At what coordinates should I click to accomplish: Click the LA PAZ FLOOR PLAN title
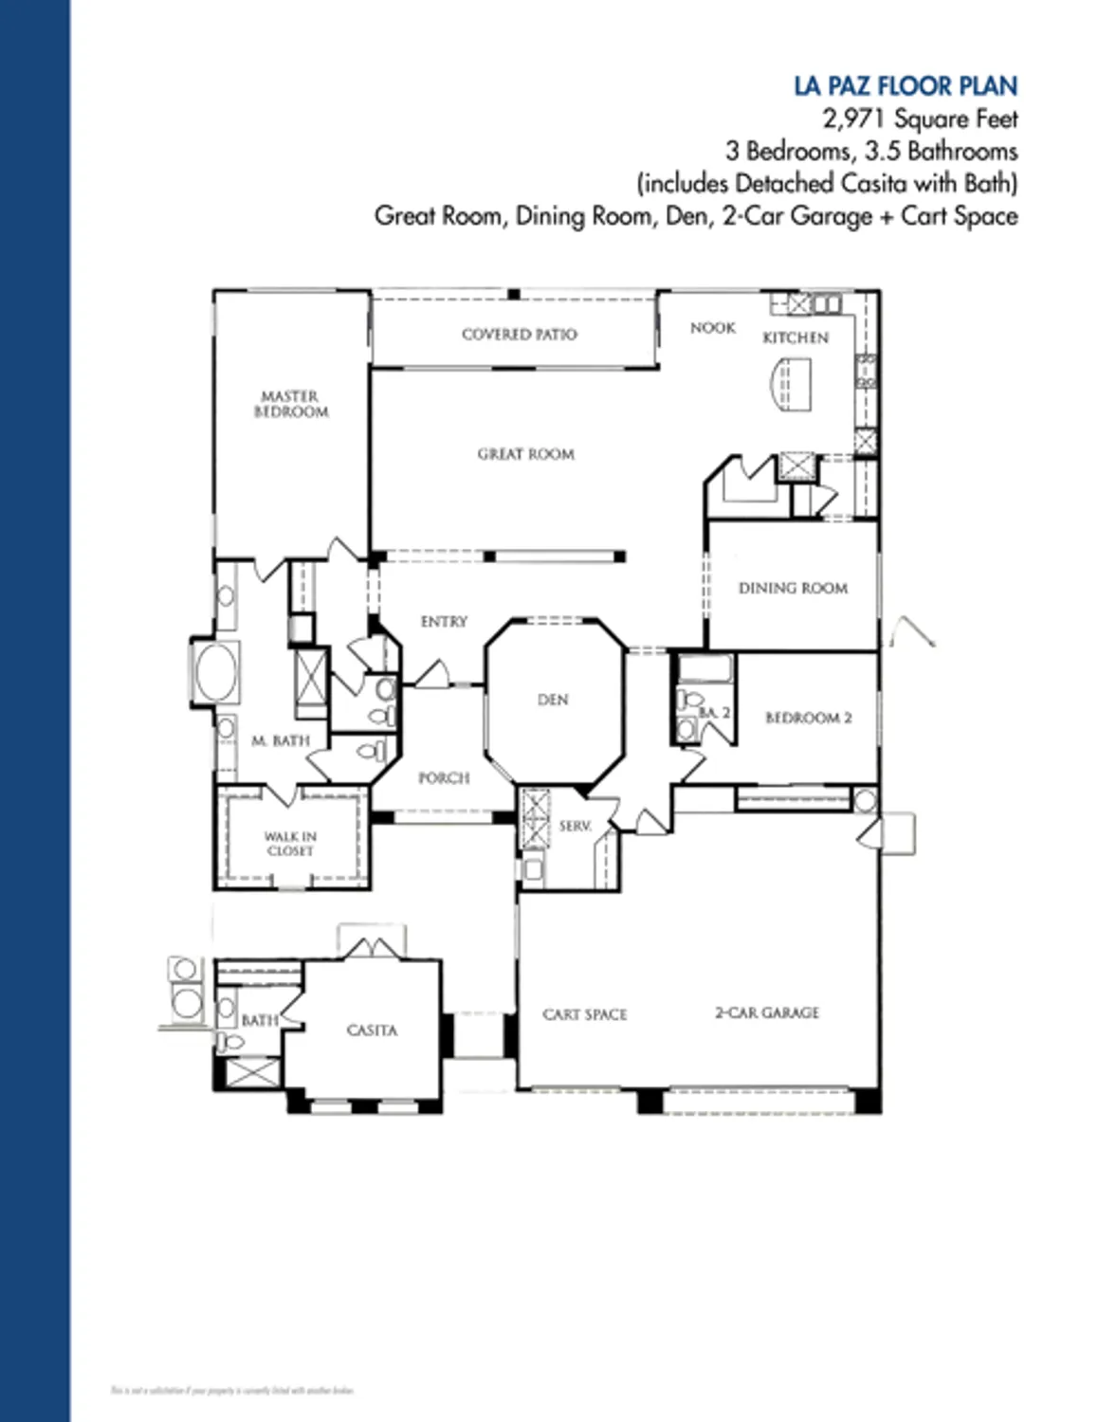[906, 86]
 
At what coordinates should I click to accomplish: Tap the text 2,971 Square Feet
[920, 119]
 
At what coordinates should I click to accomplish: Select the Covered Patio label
[519, 334]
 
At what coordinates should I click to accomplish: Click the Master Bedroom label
[290, 404]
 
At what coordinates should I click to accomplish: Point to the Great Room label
[525, 454]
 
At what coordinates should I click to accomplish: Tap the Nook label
[712, 328]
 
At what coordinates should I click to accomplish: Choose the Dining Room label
[793, 588]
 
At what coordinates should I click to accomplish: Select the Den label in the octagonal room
[553, 700]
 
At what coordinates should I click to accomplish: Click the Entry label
[444, 622]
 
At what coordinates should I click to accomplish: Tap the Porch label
[444, 778]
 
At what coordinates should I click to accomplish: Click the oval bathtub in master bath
[216, 672]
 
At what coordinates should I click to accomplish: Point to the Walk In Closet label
[290, 844]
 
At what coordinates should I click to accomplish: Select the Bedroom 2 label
[808, 718]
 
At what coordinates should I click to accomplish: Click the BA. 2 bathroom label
[714, 712]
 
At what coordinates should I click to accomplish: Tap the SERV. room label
[575, 827]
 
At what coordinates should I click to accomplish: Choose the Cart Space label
[584, 1014]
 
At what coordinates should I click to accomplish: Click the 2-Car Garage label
[766, 1012]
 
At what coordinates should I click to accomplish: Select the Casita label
[372, 1030]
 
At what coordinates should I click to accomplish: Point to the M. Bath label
[280, 740]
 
